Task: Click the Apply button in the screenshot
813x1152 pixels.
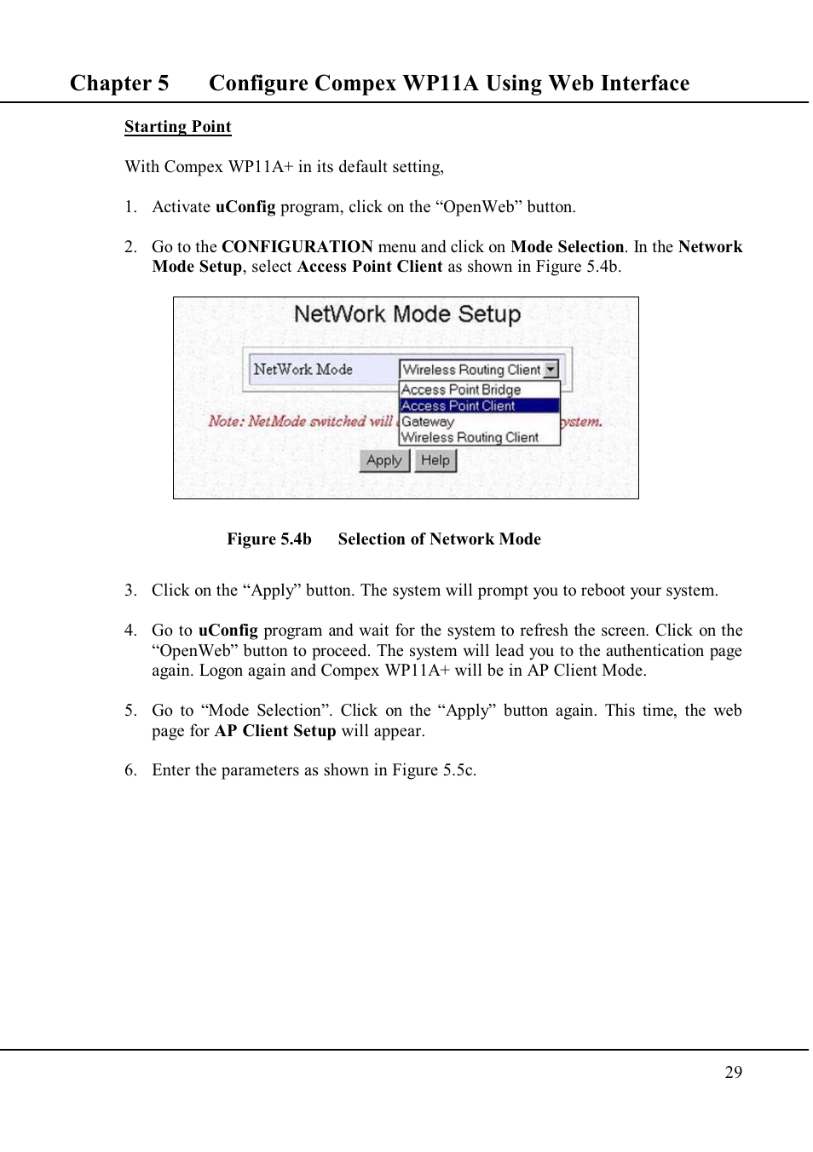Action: [384, 461]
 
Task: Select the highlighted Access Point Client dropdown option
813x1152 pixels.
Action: [458, 406]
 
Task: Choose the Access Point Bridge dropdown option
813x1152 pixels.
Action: [461, 390]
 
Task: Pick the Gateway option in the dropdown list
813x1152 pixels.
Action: [428, 422]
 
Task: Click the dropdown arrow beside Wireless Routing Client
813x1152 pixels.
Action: [551, 370]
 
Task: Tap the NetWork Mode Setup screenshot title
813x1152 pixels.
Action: [406, 314]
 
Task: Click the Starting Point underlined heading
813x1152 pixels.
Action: [177, 127]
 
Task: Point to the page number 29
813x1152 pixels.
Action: [733, 1073]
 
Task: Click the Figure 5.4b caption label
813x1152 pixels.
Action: [268, 539]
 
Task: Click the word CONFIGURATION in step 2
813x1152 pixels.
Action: [297, 247]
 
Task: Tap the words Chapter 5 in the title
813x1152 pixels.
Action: [119, 84]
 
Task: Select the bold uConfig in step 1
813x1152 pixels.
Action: [245, 207]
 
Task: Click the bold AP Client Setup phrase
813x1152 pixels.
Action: [275, 731]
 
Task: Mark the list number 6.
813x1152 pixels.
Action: [130, 770]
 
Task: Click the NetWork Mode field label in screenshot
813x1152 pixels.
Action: [303, 370]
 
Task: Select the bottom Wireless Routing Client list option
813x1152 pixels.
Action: [470, 438]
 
